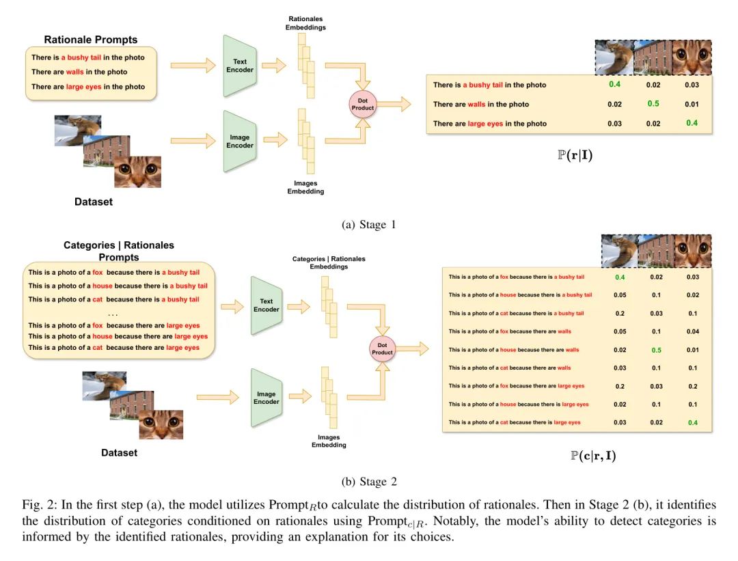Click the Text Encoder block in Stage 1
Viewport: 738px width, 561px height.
[x=240, y=66]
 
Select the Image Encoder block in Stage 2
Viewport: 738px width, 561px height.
[x=266, y=398]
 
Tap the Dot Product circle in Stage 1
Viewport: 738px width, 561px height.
[x=362, y=105]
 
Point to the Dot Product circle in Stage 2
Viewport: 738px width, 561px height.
[x=382, y=348]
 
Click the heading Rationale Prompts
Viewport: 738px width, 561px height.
[x=91, y=40]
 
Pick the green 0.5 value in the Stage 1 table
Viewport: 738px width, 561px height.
[x=653, y=104]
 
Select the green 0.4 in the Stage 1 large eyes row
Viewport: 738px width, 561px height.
[x=692, y=123]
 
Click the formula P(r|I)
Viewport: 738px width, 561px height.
[x=575, y=155]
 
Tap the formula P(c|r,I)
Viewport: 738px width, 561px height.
[x=593, y=456]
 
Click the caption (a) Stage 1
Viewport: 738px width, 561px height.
[x=369, y=225]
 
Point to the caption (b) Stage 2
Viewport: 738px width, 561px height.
[x=369, y=482]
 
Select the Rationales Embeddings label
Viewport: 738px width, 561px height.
[x=305, y=23]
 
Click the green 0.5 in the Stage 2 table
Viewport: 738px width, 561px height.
[x=657, y=350]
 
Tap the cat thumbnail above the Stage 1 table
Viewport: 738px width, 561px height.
[x=692, y=57]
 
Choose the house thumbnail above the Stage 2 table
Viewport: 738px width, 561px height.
[x=656, y=251]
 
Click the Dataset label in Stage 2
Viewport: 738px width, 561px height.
[x=119, y=453]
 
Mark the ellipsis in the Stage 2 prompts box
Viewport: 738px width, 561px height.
[x=113, y=314]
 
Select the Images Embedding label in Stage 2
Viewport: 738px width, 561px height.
[x=329, y=441]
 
